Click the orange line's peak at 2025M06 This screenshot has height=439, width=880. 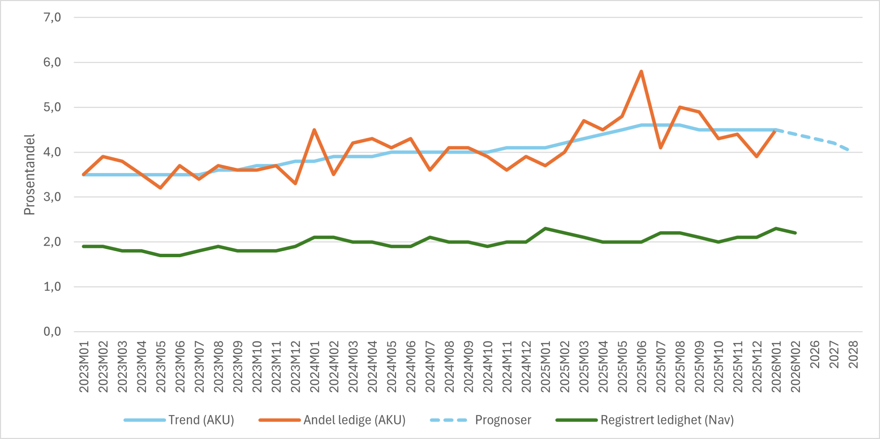[641, 71]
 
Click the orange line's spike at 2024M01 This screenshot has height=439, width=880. [314, 130]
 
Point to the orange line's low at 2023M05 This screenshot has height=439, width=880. [161, 188]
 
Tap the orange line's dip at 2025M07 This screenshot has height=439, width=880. [661, 148]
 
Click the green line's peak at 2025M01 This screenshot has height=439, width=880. [545, 228]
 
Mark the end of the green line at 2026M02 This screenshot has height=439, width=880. [795, 233]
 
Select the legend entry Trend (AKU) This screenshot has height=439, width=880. [201, 420]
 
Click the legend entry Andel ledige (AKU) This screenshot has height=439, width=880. [354, 420]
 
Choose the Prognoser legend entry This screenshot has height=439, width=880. [503, 420]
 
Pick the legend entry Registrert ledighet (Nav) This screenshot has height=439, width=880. [667, 420]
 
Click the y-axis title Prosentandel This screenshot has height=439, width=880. [30, 175]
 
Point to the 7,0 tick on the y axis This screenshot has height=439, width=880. [52, 17]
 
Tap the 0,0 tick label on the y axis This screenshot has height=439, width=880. [52, 331]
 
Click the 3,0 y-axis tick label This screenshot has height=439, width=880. [52, 197]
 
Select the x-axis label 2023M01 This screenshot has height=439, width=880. [84, 367]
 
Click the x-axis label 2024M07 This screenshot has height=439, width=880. [430, 367]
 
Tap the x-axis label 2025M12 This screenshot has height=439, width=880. [757, 367]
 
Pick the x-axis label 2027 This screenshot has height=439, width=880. [834, 354]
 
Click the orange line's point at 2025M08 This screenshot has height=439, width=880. [680, 107]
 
